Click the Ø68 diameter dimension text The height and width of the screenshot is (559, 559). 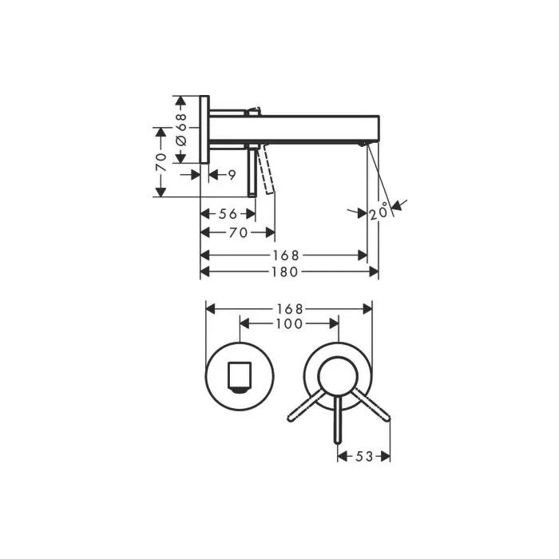click(181, 129)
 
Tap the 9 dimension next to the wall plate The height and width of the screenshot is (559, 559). click(232, 173)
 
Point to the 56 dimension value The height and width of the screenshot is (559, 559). click(228, 214)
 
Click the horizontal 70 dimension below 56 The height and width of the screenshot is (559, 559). click(237, 232)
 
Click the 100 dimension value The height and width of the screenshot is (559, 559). click(288, 323)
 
